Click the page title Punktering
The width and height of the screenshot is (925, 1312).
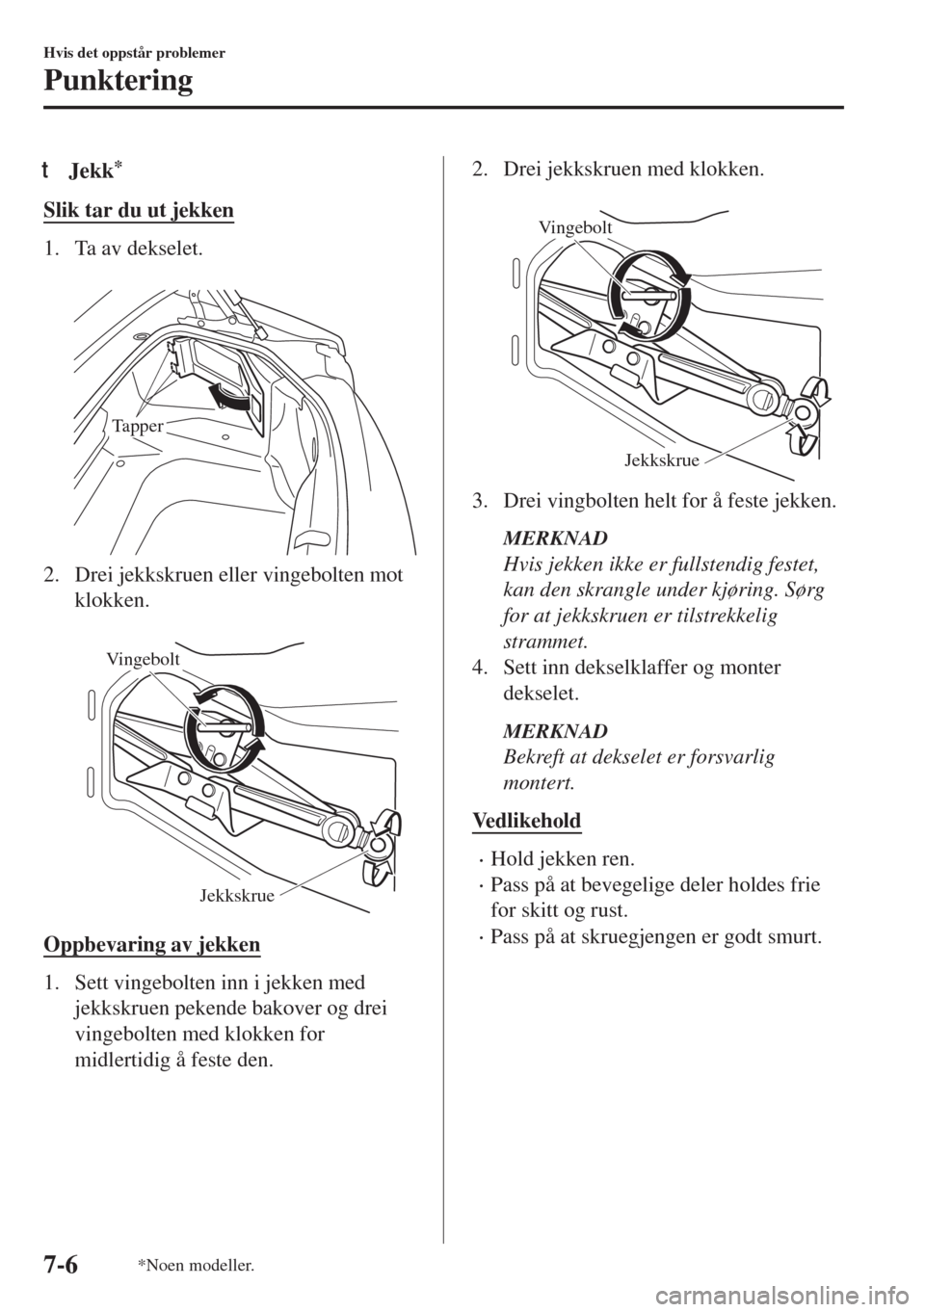coord(118,81)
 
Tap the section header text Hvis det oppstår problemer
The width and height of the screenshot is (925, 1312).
coord(134,53)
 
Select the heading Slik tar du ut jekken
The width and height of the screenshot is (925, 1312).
coord(139,210)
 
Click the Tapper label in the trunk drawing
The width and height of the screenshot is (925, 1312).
coord(138,426)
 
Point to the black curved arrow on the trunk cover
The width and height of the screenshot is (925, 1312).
coord(231,397)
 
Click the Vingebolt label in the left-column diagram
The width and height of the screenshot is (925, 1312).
coord(143,660)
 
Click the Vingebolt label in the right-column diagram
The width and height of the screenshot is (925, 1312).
coord(575,227)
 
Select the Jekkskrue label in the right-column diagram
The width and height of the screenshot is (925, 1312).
coord(662,460)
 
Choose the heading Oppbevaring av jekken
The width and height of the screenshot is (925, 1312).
coord(151,945)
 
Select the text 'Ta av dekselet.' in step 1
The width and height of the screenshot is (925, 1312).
coord(140,249)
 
